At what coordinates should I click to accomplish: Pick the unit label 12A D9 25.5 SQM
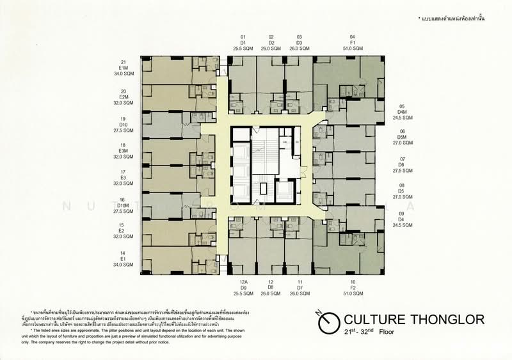243,288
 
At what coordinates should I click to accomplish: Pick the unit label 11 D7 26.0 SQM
300,288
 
